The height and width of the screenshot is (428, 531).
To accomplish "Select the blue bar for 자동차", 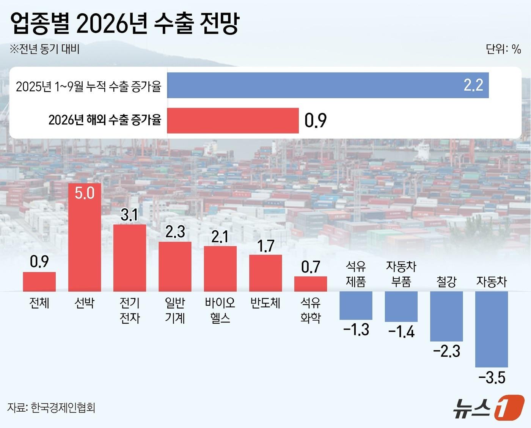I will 492,329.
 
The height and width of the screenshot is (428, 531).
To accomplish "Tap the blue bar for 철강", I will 446,316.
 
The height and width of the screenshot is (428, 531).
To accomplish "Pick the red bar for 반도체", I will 265,273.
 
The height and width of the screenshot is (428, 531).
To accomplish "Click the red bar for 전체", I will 39,282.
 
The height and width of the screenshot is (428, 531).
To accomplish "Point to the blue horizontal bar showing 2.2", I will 328,85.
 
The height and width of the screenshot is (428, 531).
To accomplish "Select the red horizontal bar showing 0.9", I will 233,121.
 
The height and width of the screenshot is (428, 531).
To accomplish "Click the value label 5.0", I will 84,193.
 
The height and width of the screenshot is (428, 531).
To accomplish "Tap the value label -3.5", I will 492,378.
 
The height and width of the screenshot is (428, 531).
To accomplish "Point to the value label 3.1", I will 129,215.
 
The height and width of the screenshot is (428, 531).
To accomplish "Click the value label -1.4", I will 401,332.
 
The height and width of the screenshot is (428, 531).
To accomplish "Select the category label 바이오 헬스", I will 220,310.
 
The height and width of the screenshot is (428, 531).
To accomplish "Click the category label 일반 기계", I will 175,310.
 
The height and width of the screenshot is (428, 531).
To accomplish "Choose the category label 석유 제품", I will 356,274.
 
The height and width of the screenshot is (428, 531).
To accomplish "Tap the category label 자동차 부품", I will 401,274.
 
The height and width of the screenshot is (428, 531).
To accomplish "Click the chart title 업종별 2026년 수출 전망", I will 125,24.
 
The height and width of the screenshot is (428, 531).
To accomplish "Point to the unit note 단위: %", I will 503,49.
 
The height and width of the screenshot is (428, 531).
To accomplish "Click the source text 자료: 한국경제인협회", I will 51,408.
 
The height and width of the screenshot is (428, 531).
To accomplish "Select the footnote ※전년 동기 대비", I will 45,49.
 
